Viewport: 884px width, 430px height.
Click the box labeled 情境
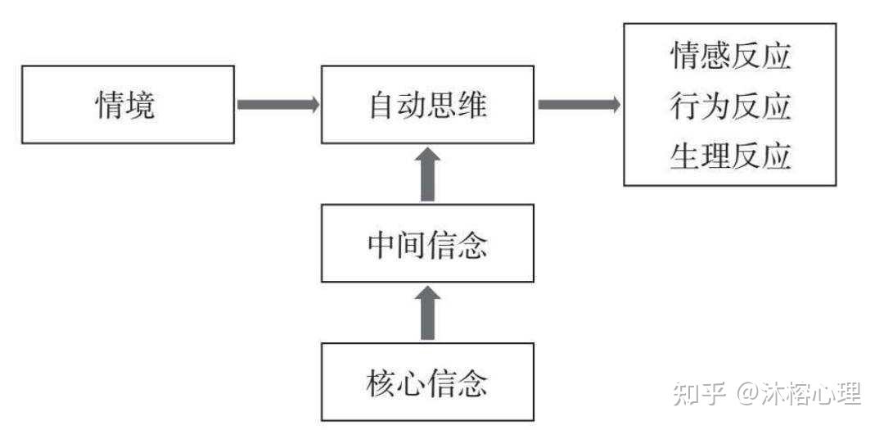(x=127, y=106)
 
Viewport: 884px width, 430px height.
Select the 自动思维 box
(x=427, y=106)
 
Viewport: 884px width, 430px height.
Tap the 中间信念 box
(x=427, y=243)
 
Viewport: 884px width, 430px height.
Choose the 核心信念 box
(x=427, y=382)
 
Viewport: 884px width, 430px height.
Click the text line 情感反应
(x=730, y=57)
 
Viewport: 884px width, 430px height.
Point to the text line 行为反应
(x=730, y=106)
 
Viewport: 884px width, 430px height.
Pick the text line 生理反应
(x=730, y=156)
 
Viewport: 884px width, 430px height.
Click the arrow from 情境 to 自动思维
(x=277, y=105)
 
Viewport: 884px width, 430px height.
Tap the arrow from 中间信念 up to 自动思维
(x=427, y=174)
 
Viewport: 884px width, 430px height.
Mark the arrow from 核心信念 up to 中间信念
(x=427, y=313)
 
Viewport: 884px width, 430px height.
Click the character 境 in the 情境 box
(x=141, y=106)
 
